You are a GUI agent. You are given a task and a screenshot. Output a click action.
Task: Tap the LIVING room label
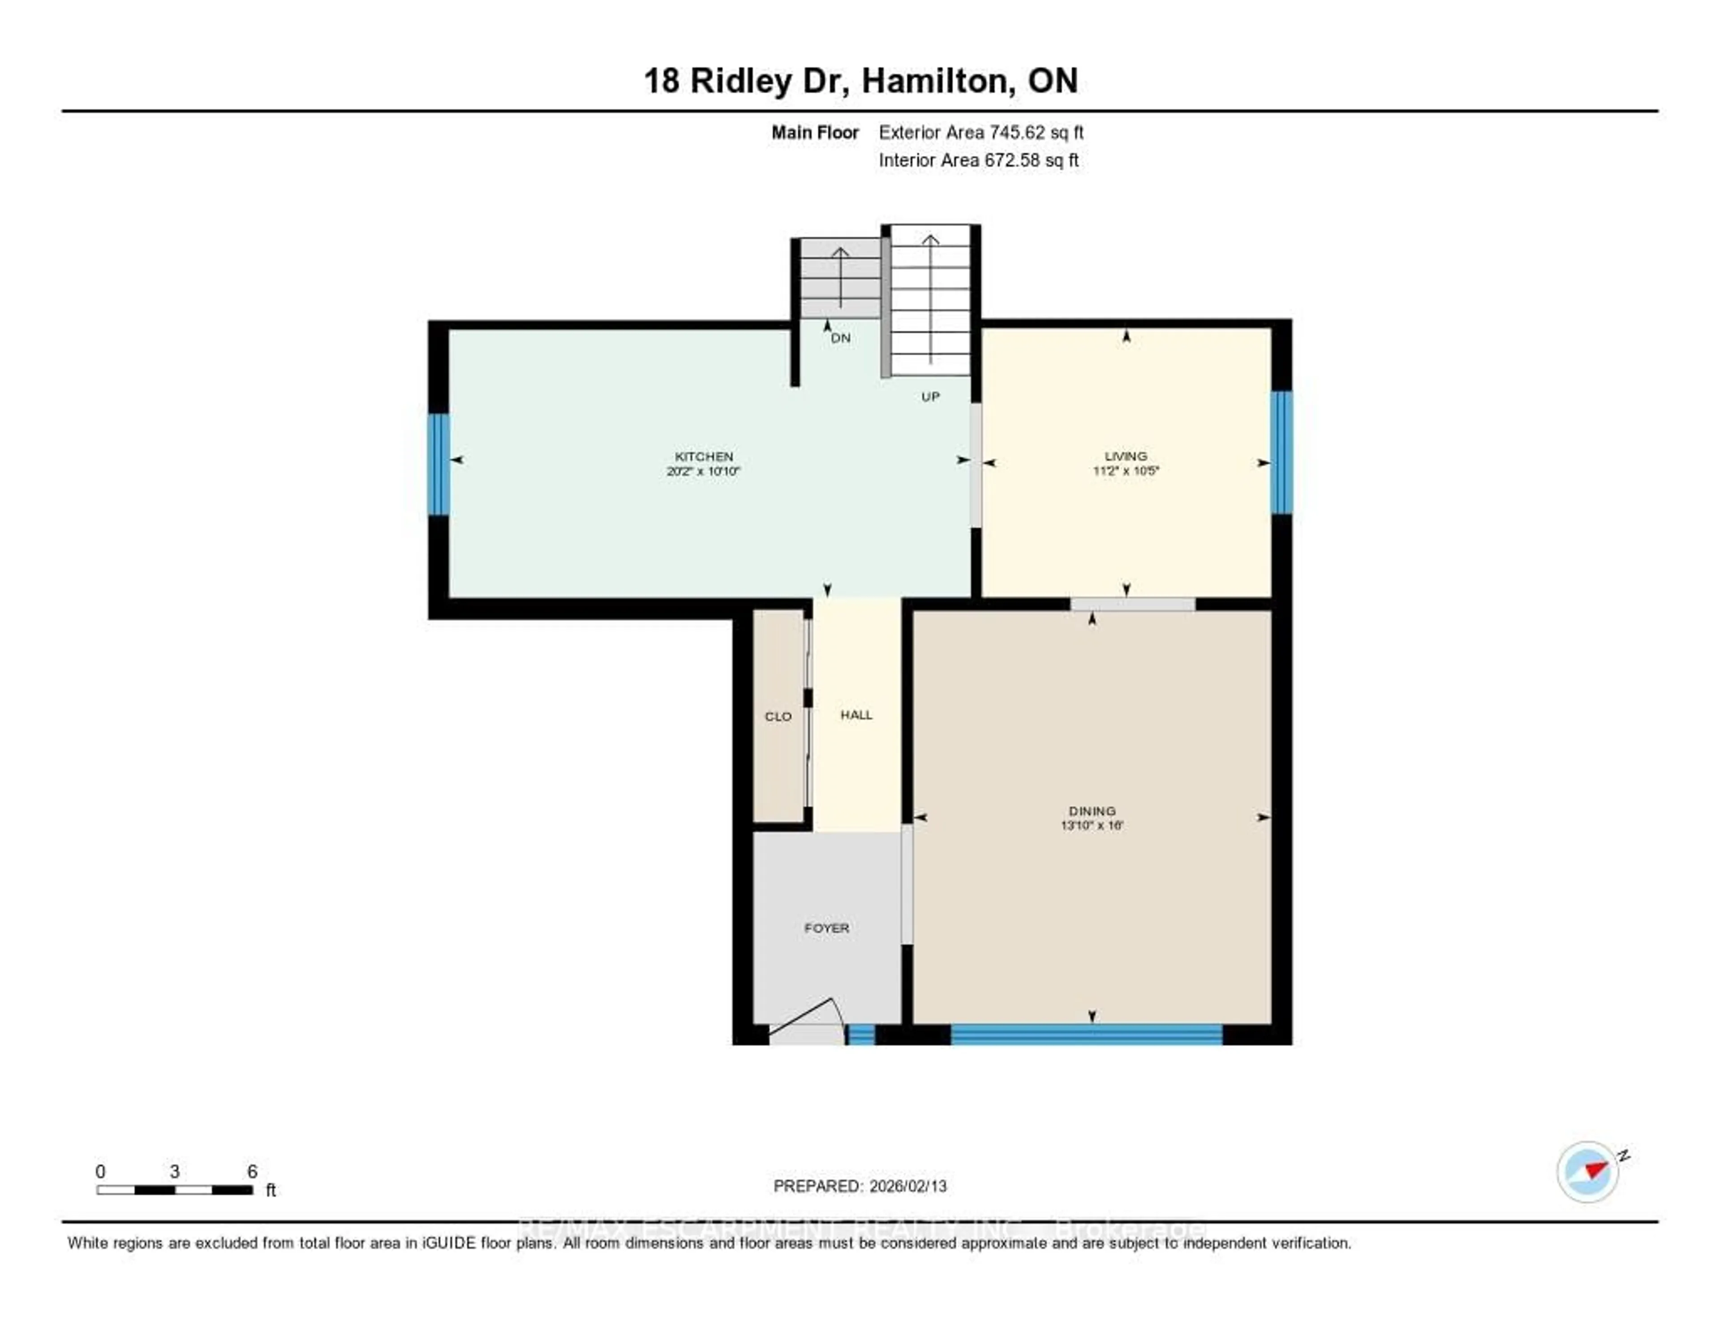[1126, 456]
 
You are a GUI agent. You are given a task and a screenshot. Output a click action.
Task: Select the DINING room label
[1092, 811]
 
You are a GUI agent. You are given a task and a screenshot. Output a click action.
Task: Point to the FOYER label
[826, 928]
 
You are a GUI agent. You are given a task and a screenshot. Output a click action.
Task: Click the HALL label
[856, 715]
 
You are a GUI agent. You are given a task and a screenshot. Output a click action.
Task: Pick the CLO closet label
[778, 716]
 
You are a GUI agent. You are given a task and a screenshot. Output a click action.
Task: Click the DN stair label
[840, 338]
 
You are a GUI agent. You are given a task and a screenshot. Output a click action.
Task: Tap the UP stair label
[930, 396]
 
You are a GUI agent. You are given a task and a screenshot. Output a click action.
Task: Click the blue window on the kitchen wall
[439, 464]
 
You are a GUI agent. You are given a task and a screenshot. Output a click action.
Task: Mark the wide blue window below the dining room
[1086, 1034]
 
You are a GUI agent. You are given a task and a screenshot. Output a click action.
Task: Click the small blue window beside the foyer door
[862, 1034]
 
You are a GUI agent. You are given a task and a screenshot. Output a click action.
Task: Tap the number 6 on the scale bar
[252, 1171]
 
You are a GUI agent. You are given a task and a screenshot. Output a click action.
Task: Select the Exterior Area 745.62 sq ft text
[980, 132]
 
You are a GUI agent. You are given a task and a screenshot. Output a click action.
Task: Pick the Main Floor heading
[814, 132]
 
